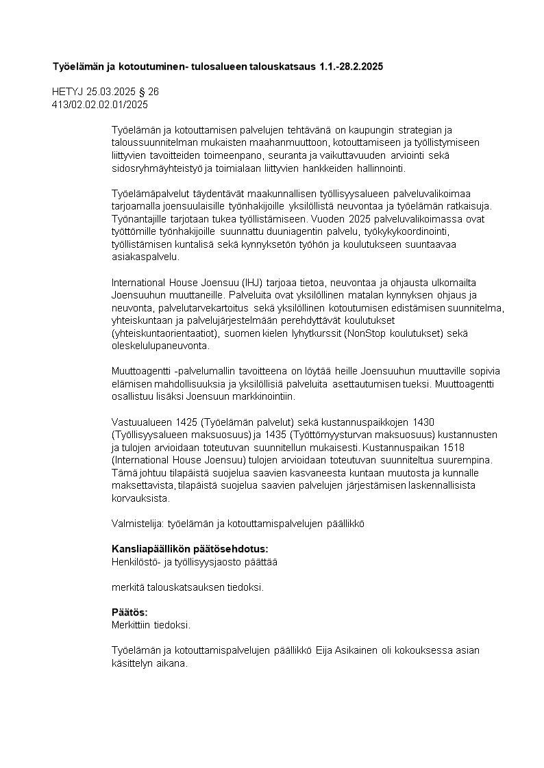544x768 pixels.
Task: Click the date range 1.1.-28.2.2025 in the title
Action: click(351, 67)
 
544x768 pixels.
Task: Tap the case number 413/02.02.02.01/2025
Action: click(100, 104)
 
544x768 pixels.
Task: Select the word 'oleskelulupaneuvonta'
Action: click(161, 346)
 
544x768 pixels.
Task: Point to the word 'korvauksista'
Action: click(140, 498)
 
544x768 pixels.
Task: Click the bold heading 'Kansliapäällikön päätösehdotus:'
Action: click(189, 549)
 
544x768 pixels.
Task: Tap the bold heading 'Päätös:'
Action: click(129, 613)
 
